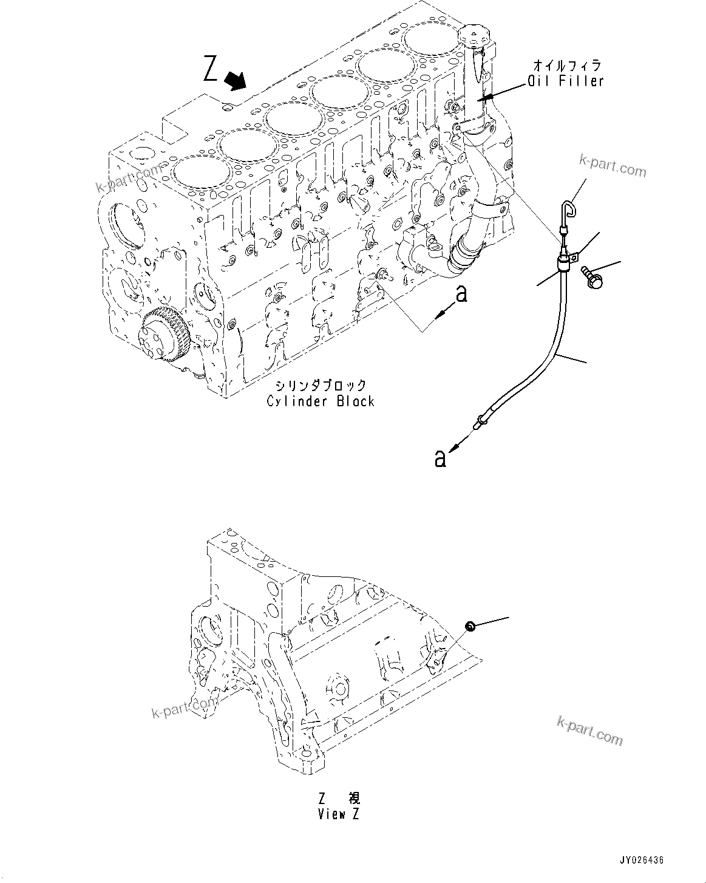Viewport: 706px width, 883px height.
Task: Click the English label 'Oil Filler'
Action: point(565,80)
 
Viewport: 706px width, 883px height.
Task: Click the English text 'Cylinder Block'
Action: point(320,401)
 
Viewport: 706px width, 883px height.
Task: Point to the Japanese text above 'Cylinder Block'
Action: point(320,385)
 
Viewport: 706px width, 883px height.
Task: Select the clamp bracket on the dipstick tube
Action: point(564,263)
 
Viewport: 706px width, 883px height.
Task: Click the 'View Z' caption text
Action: point(338,814)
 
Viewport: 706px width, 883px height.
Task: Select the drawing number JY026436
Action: point(642,860)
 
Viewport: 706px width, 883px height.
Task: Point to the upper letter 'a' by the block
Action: point(461,294)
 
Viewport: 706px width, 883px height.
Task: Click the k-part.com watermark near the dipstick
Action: point(613,165)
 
